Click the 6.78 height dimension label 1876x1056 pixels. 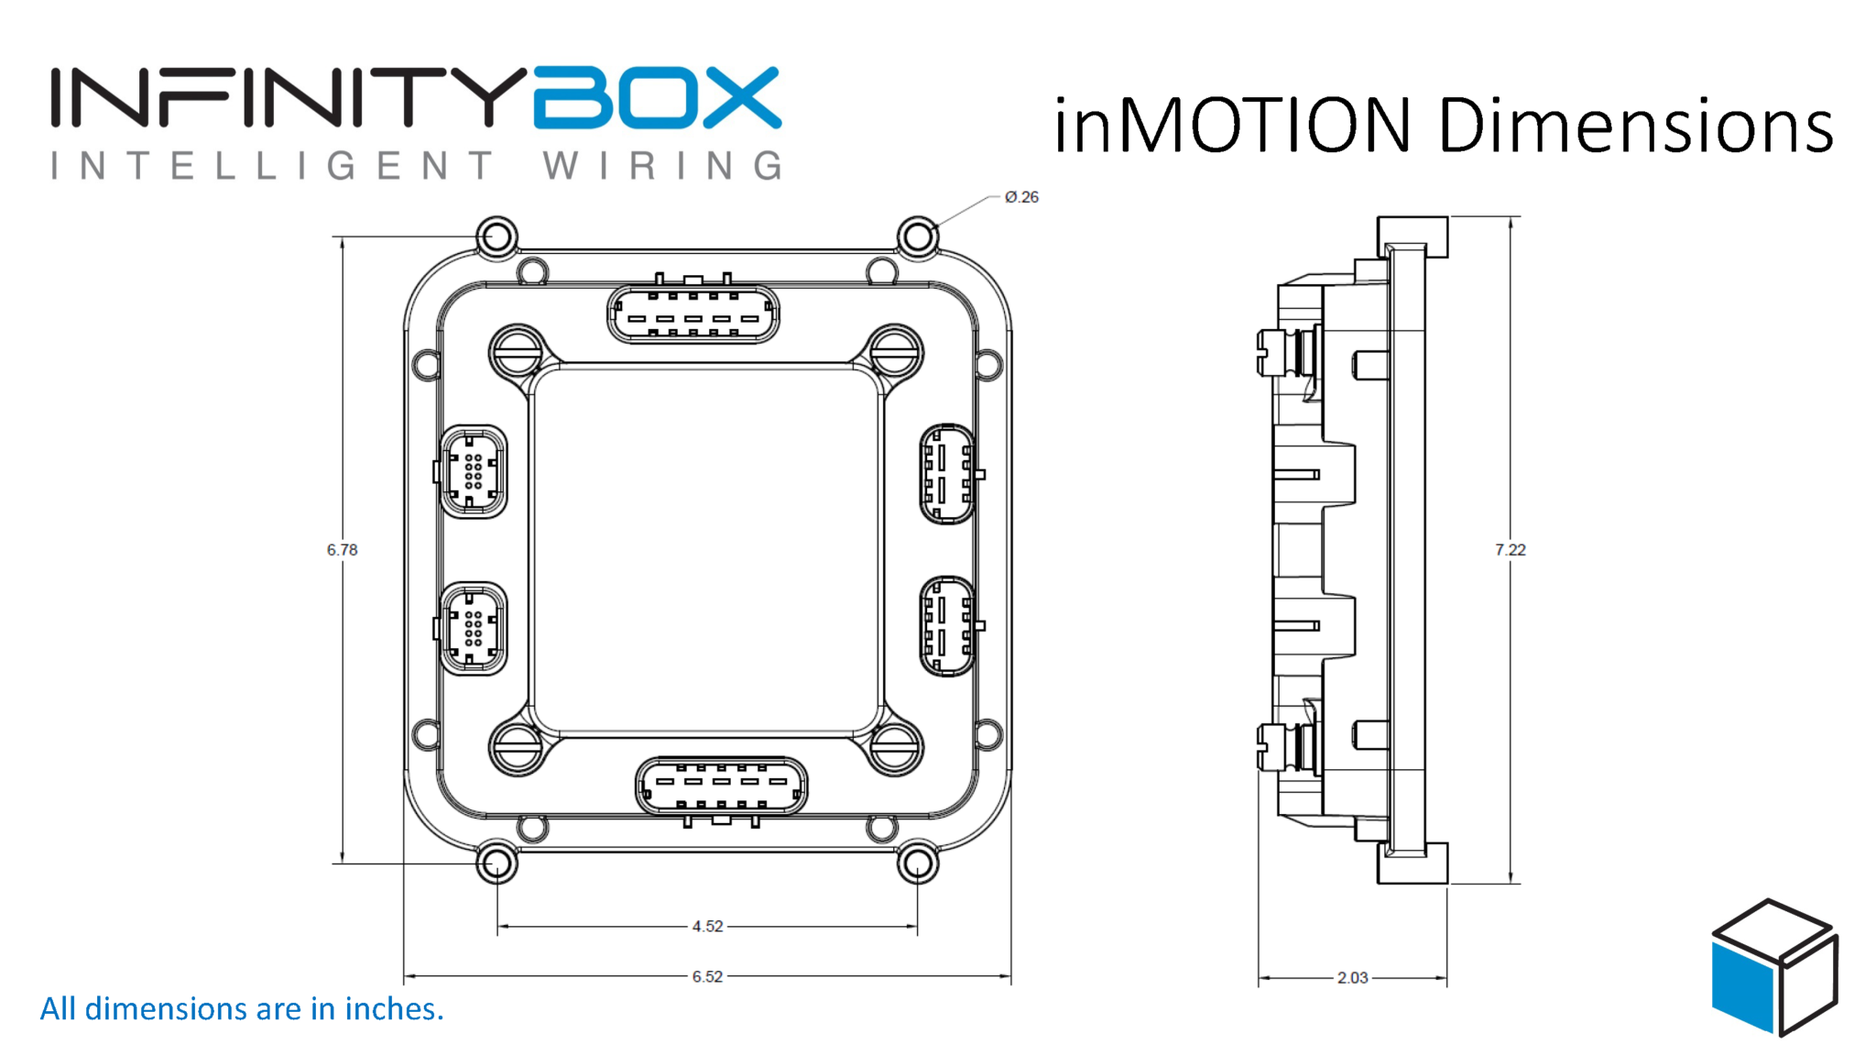[342, 550]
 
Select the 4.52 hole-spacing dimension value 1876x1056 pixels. [707, 927]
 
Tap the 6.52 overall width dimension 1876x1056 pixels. [707, 977]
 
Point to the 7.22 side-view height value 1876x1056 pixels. [1511, 550]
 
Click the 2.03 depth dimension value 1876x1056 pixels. [1352, 978]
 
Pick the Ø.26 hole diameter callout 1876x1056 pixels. [1021, 197]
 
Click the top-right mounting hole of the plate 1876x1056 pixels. [917, 236]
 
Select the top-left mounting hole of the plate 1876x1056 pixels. [496, 236]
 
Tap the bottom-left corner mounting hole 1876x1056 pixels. [496, 863]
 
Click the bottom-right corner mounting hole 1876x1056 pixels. [917, 863]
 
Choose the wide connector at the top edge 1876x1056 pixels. [693, 313]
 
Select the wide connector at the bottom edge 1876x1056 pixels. [721, 786]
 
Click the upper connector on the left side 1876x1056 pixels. [473, 472]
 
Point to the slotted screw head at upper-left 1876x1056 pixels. [517, 353]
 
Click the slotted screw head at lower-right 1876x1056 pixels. [894, 748]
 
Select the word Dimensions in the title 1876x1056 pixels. [1635, 126]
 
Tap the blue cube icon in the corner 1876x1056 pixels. [1773, 968]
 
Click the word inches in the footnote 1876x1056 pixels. [393, 1009]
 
